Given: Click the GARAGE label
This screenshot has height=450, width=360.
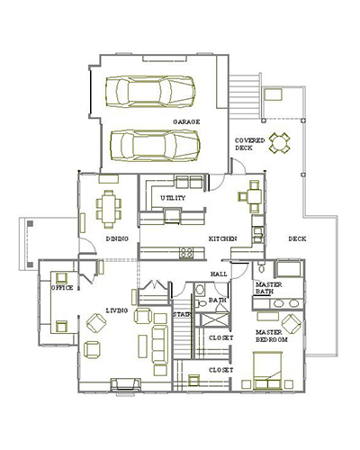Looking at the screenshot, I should (x=186, y=121).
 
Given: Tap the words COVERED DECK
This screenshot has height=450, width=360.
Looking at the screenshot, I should (x=249, y=145).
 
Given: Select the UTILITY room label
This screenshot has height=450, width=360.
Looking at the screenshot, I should (x=174, y=198).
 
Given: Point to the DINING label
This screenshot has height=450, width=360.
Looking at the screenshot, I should (x=117, y=238).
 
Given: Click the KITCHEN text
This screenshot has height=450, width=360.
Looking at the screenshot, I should (x=223, y=238).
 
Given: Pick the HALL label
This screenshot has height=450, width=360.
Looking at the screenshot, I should (x=219, y=273).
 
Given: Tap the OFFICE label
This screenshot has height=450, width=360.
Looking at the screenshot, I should (x=62, y=287).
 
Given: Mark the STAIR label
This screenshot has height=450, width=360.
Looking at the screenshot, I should (x=183, y=315).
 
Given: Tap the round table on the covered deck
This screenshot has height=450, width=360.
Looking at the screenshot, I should (x=282, y=141).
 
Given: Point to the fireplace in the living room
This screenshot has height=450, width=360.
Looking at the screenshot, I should (x=124, y=385).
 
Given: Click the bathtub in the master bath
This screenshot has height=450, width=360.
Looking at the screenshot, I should (x=288, y=270).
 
